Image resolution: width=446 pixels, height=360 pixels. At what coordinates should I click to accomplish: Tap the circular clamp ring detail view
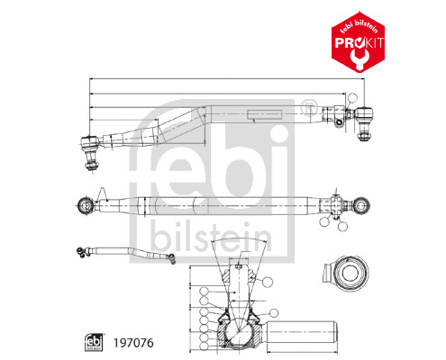pyautogui.click(x=345, y=275)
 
